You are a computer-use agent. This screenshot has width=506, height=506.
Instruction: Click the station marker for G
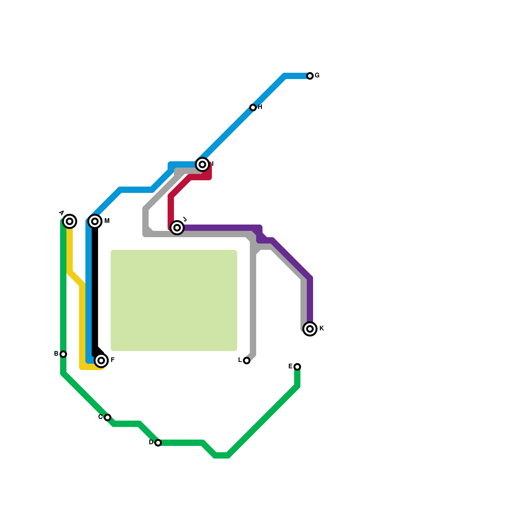pos(310,76)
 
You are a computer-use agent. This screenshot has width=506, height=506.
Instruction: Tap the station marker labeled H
pos(253,108)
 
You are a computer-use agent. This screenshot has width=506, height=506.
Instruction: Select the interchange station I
pos(202,164)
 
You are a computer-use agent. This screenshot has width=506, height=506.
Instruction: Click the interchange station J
pos(177,227)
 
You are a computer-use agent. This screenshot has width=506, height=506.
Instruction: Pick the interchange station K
pos(310,329)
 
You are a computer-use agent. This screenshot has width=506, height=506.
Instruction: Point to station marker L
pos(247,361)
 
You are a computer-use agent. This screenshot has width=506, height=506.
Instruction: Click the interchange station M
pos(95,221)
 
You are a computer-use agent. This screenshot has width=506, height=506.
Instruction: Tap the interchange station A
pos(70,221)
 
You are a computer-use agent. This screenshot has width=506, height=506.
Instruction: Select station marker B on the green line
pos(63,354)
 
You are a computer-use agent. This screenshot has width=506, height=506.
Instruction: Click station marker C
pos(108,417)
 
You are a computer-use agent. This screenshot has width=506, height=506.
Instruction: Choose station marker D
pos(158,443)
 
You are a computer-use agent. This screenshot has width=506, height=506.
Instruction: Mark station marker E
pos(297,367)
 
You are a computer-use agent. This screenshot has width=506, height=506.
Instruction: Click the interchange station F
pos(101,361)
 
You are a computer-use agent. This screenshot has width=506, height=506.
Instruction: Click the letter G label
pos(317,76)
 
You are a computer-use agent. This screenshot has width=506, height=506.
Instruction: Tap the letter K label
pos(322,329)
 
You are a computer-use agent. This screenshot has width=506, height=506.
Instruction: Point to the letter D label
pos(151,442)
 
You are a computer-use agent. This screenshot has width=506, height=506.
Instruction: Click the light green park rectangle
pos(174,300)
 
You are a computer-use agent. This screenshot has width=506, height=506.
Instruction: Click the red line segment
pos(171,209)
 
